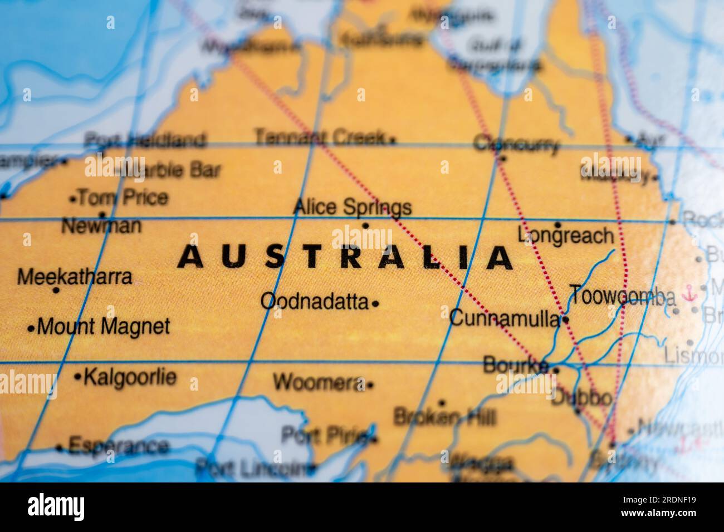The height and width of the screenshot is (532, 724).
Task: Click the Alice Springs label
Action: [352, 207]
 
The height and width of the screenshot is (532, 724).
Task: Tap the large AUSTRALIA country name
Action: [345, 258]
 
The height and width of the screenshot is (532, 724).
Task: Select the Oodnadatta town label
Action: [314, 302]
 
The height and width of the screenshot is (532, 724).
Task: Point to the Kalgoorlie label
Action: [129, 377]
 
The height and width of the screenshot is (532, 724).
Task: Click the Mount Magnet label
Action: [103, 327]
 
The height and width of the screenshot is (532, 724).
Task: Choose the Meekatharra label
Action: [75, 277]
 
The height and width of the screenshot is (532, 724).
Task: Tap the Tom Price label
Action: [123, 198]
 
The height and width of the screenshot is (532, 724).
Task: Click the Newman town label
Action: [101, 226]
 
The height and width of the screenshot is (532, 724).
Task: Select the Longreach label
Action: [565, 236]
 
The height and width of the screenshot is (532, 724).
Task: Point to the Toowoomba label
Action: [622, 296]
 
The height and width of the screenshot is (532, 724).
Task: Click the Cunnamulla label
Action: [504, 319]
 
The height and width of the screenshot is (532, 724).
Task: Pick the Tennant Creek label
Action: [320, 137]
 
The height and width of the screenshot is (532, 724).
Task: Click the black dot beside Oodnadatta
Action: [375, 304]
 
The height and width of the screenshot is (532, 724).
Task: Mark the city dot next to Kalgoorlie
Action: [77, 377]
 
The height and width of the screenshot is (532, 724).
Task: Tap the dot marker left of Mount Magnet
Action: [31, 328]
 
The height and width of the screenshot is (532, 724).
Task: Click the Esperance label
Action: [118, 446]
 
